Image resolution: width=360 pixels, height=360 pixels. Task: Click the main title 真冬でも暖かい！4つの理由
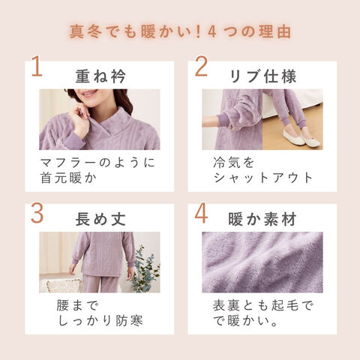[180, 31]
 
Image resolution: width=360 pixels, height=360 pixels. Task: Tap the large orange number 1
[37, 67]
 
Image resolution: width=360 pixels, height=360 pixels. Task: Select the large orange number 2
[201, 67]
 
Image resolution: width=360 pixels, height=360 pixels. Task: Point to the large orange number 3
[37, 214]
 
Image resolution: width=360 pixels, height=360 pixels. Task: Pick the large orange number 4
[201, 214]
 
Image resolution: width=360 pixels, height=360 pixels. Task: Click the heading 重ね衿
[100, 76]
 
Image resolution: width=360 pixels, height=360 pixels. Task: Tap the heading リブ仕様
[262, 76]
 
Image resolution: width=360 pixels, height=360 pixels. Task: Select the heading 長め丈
[100, 219]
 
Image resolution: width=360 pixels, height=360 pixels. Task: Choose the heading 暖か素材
[262, 219]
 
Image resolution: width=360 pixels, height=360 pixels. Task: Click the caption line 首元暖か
[68, 178]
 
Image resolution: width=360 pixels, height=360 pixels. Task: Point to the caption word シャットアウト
[263, 178]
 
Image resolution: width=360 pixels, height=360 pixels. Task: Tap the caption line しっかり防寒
[100, 321]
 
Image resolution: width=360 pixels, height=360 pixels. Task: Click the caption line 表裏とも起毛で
[262, 305]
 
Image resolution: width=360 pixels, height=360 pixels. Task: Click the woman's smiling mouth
[89, 93]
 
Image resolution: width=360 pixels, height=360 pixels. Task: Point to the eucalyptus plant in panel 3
[146, 270]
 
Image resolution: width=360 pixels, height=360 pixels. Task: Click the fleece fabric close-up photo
[262, 262]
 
